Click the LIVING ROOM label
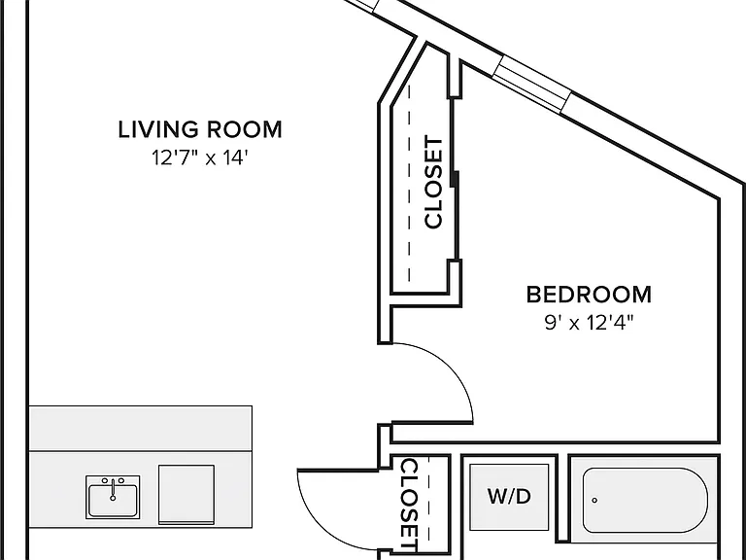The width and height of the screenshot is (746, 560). point(200,129)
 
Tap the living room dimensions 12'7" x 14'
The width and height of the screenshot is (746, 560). point(200,157)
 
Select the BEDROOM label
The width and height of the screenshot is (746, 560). point(589,295)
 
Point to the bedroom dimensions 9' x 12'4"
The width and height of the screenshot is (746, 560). point(589,323)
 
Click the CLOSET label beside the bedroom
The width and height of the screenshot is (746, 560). point(433,183)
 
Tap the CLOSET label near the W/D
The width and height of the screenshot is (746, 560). point(410,505)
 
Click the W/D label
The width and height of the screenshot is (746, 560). point(509,497)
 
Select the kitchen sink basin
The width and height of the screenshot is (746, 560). point(113,500)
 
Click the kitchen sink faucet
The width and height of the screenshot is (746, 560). point(113,490)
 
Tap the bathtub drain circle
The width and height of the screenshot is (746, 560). point(594,500)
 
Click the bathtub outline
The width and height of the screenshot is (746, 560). point(645,469)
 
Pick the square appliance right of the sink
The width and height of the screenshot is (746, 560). point(186,495)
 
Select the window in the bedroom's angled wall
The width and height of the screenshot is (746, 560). point(531,85)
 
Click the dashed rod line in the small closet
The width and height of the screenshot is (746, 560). point(428,499)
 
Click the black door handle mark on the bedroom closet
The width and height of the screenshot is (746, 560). point(457,179)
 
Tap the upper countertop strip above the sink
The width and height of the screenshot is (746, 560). point(141,429)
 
